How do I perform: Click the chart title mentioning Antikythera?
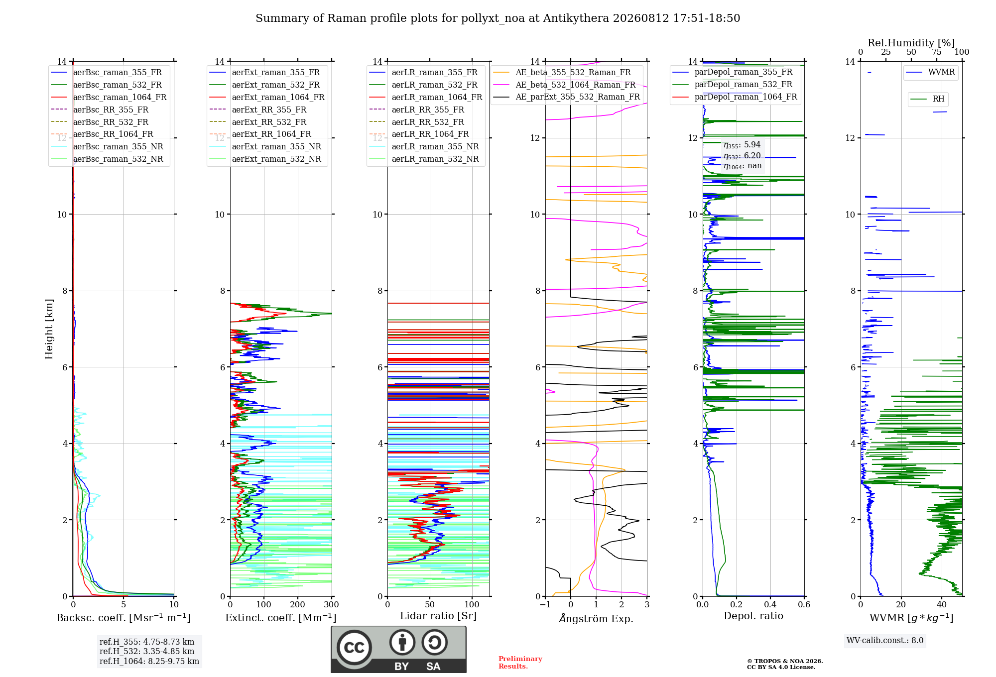click(498, 18)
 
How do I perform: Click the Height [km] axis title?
click(49, 329)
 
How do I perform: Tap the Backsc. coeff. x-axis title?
click(124, 618)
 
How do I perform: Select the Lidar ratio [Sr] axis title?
click(438, 616)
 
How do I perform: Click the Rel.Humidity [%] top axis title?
click(911, 43)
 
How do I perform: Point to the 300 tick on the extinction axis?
click(331, 604)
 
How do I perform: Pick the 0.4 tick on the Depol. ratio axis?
click(770, 604)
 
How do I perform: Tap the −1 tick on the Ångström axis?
click(545, 604)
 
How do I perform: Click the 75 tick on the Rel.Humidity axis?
click(937, 52)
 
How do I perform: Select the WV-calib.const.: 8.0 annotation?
click(885, 640)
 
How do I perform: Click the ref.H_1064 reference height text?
click(149, 661)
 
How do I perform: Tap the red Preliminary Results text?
click(520, 663)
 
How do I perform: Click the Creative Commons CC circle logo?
click(354, 648)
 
